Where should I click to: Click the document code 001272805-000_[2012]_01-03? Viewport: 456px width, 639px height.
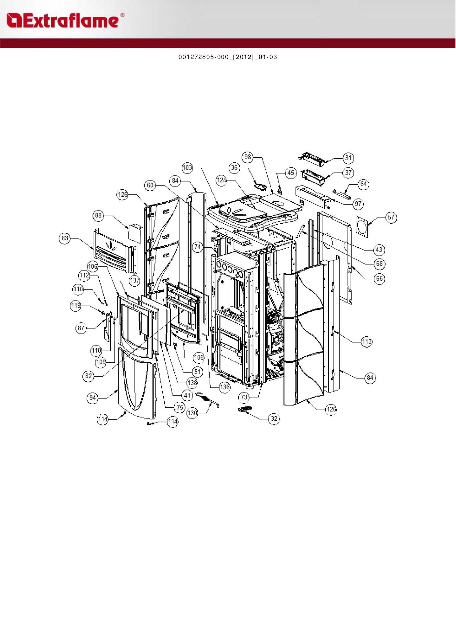coord(228,57)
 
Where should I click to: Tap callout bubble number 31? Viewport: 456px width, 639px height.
coord(348,158)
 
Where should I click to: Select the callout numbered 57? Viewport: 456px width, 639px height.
coord(391,217)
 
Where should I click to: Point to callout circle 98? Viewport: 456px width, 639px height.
coord(247,157)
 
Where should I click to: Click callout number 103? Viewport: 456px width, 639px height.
coord(187,168)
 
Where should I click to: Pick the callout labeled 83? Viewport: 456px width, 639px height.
coord(65,238)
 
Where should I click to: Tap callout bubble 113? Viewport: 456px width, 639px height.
coord(366,342)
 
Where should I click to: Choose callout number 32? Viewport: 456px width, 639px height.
coord(274,419)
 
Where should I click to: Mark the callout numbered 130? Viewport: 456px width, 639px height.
coord(192,413)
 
